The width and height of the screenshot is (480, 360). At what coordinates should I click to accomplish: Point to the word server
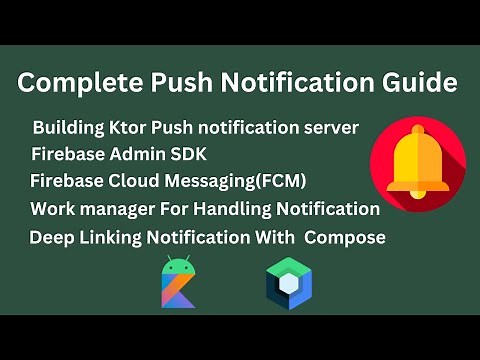click(331, 130)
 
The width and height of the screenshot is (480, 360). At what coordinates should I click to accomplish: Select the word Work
click(53, 209)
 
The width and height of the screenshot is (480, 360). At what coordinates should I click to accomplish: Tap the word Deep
click(51, 237)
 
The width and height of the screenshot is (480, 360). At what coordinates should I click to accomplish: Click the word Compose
click(345, 237)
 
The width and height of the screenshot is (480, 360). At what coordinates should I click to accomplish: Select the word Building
click(70, 130)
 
